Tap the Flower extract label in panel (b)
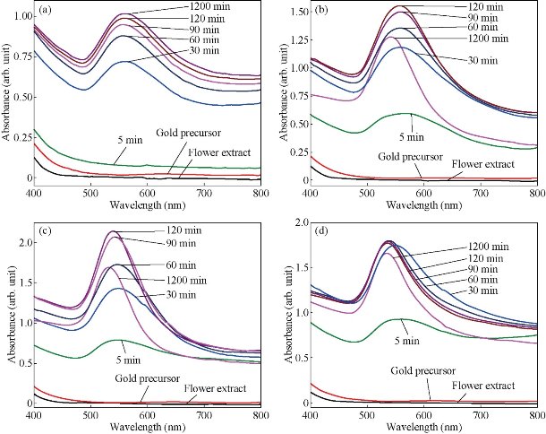pyautogui.click(x=484, y=164)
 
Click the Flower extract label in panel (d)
pyautogui.click(x=484, y=385)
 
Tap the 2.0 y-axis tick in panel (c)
pyautogui.click(x=21, y=243)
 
